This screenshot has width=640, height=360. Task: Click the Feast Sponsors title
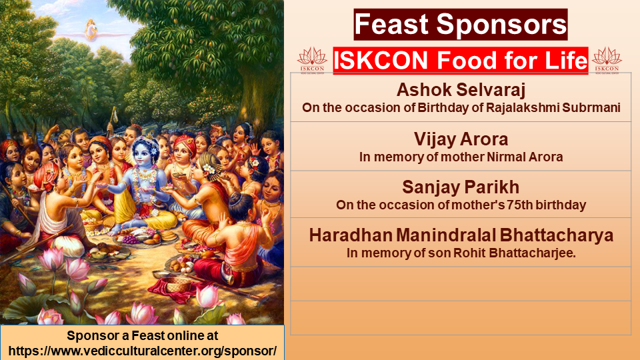461,25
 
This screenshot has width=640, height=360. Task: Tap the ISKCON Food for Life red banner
461,61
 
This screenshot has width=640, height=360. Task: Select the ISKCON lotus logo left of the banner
312,61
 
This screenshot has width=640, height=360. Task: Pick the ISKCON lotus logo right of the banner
607,61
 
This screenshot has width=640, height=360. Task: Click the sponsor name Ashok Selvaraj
461,90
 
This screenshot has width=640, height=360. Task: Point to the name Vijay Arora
461,139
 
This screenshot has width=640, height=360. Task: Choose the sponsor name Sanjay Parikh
461,187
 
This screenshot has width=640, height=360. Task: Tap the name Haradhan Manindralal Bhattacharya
461,235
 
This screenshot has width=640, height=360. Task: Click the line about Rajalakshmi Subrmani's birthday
461,108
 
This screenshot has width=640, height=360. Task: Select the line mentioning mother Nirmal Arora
461,157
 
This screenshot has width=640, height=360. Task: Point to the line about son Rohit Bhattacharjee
461,253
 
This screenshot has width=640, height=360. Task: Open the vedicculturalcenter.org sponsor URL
143,351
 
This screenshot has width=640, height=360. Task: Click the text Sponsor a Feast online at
143,335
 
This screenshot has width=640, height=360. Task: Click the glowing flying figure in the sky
91,30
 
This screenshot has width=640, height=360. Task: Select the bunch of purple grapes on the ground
131,239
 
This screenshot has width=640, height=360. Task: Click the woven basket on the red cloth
179,284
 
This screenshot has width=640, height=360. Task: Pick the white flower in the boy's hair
209,168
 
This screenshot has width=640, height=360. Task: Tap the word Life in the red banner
566,61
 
